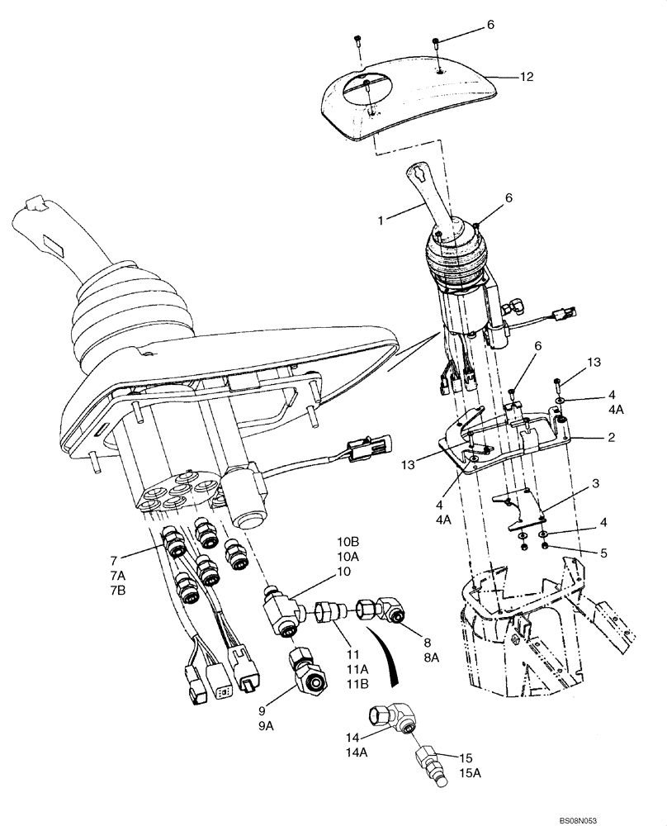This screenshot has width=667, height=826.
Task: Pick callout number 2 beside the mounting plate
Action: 612,437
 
